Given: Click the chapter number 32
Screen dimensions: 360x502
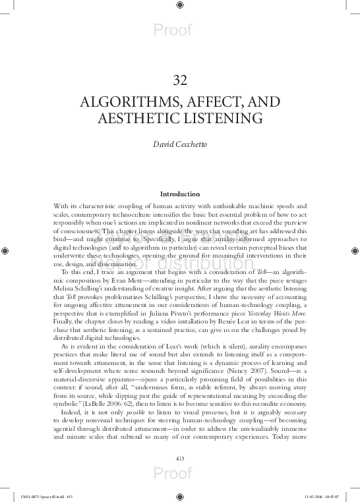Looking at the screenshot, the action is pos(180,80).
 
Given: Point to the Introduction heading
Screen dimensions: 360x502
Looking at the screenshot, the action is pos(180,194).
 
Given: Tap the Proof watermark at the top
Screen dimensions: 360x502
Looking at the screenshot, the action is pos(172,30).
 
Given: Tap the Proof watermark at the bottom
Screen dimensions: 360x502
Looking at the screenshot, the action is pos(172,474).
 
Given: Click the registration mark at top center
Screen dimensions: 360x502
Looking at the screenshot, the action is pos(180,5).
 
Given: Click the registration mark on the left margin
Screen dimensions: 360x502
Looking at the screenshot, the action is pos(5,250).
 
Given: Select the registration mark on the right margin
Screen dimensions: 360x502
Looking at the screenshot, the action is pos(355,250).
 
